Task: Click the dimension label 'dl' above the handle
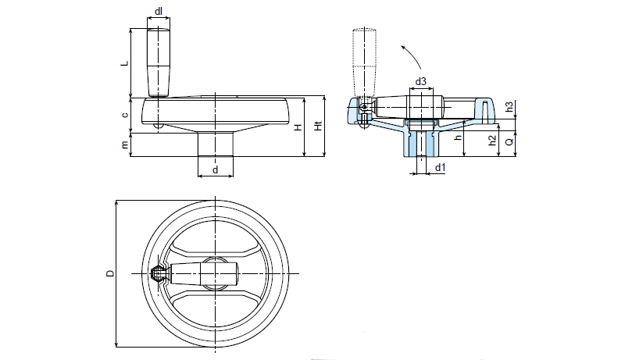click(159, 12)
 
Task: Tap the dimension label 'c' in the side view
click(125, 114)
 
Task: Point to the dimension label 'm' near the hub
click(125, 144)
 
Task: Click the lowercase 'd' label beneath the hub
click(214, 169)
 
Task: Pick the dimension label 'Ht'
click(316, 127)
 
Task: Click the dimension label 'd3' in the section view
click(420, 81)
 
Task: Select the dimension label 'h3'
click(509, 107)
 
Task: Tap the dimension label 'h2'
click(491, 141)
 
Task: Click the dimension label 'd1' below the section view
click(440, 167)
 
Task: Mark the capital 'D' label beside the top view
click(110, 273)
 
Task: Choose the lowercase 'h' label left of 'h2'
click(458, 138)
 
